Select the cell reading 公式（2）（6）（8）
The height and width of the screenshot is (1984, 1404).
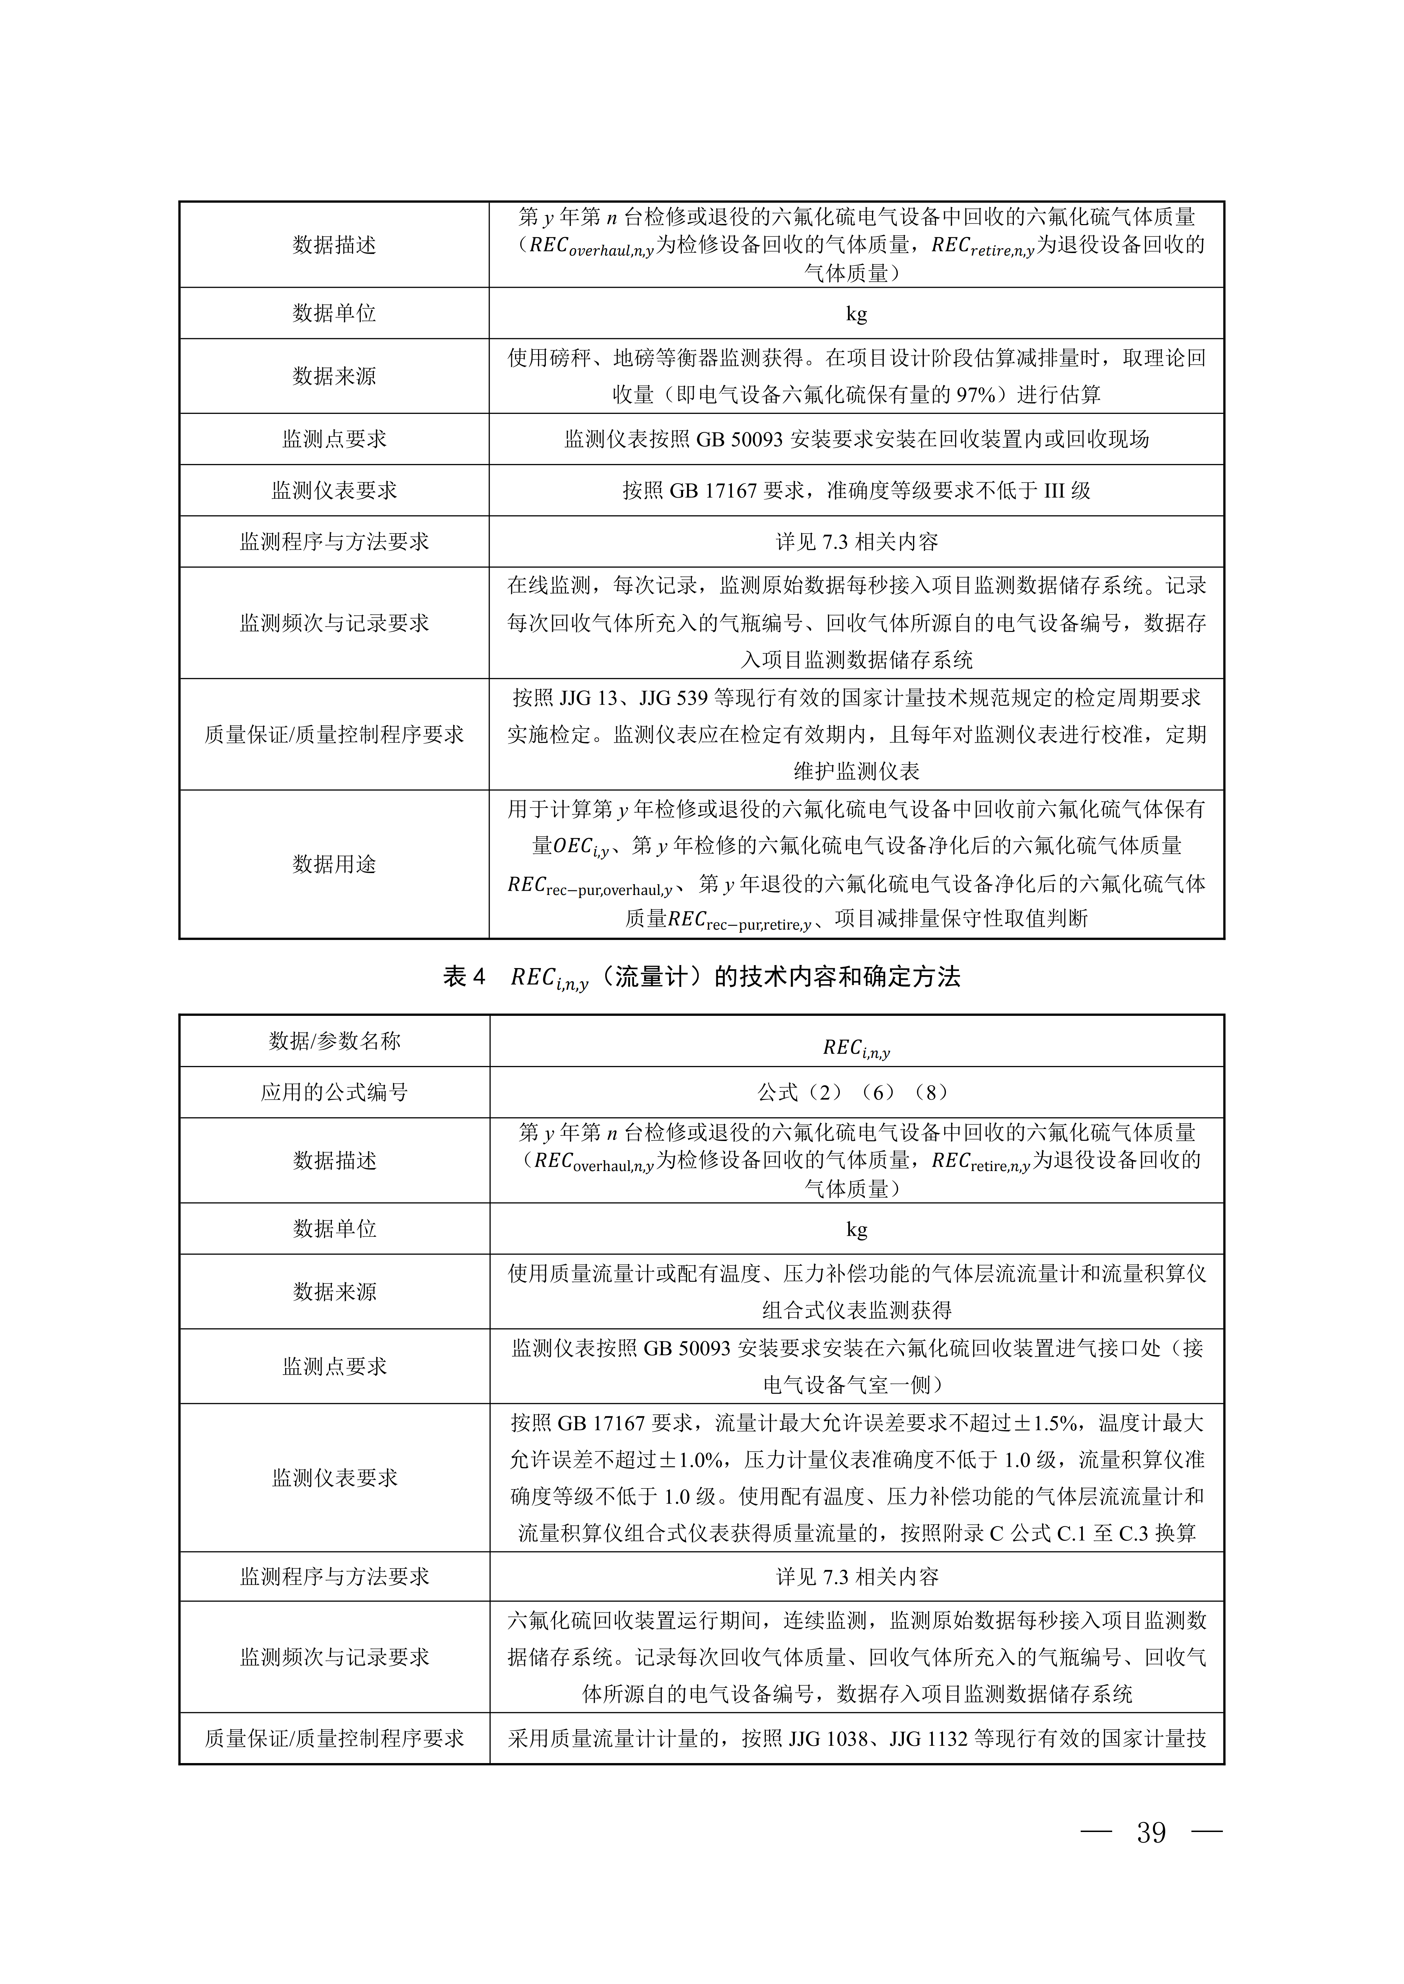click(x=856, y=1092)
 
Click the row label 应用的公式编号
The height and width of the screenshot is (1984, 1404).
click(x=334, y=1092)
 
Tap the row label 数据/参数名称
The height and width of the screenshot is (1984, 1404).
click(x=334, y=1041)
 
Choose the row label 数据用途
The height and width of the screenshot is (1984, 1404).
click(x=334, y=864)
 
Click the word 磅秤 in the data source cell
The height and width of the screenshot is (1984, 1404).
click(x=571, y=358)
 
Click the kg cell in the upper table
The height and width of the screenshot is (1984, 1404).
click(x=856, y=314)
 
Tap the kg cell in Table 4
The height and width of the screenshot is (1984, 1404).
click(x=856, y=1229)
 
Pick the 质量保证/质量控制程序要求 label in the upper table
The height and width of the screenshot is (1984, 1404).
click(x=334, y=735)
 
